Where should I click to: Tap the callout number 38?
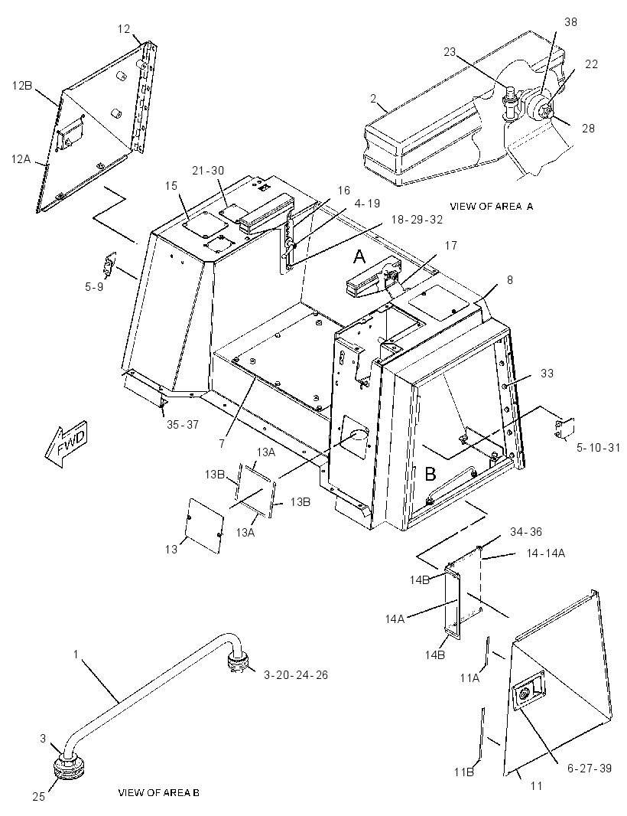click(570, 22)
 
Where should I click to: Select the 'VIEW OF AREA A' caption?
click(492, 207)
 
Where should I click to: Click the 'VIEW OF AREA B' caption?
click(158, 793)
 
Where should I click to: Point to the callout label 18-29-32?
click(417, 220)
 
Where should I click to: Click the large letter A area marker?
click(359, 256)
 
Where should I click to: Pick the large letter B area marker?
click(430, 474)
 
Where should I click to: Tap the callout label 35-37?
click(183, 425)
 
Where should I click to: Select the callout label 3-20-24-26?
click(296, 675)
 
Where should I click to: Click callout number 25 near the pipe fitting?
click(38, 796)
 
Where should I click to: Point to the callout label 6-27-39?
click(590, 768)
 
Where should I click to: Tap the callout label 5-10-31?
click(598, 448)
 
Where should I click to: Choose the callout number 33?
click(547, 373)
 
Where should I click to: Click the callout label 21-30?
click(208, 170)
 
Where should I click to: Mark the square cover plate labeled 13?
click(204, 526)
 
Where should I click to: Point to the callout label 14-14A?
click(546, 553)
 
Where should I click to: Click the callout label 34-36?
click(525, 531)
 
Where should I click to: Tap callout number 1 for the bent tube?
click(76, 654)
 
